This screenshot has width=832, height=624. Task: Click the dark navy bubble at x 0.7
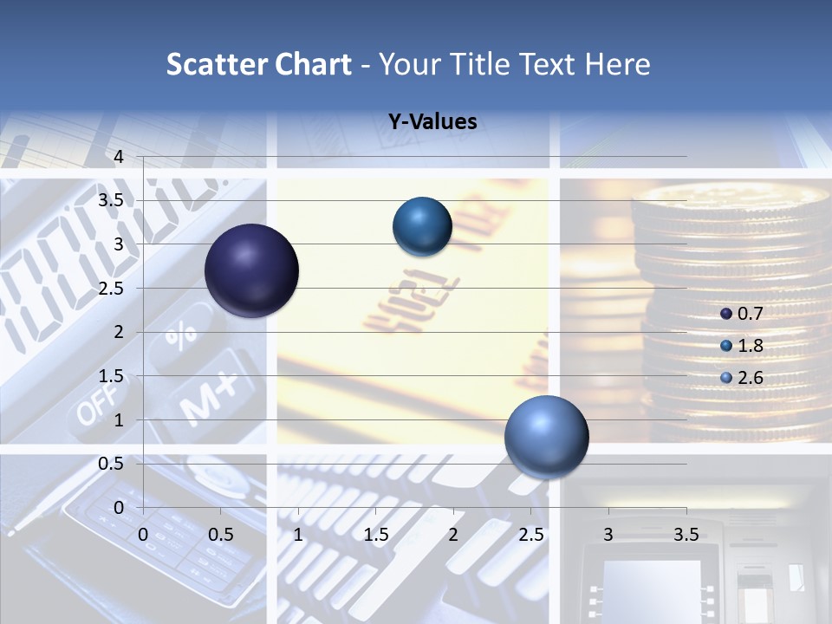click(251, 270)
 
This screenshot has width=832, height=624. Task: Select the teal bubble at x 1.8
click(422, 226)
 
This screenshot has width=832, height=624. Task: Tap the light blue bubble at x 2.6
click(546, 437)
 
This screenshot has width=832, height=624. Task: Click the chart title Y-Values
click(432, 122)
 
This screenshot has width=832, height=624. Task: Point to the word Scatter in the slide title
click(218, 64)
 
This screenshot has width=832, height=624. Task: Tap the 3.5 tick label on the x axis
click(686, 535)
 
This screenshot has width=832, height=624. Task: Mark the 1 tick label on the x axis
click(298, 535)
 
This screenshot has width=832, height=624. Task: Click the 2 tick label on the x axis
click(453, 535)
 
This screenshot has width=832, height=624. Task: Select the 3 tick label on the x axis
click(608, 535)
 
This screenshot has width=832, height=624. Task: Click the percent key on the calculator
click(180, 335)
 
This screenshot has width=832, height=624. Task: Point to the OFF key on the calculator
click(95, 407)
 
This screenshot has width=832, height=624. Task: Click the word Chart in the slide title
click(314, 64)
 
